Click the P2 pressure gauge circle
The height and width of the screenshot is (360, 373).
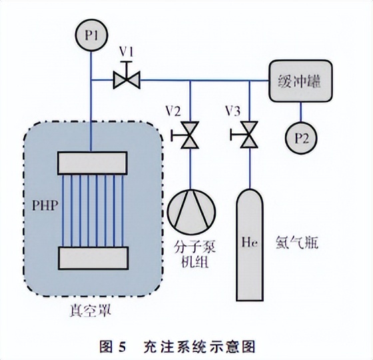(x=300, y=139)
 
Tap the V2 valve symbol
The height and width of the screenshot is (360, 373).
(x=190, y=136)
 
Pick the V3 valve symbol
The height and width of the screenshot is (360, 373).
(x=249, y=136)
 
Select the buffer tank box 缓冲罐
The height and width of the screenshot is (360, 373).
(x=299, y=83)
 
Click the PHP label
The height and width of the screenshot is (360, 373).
(x=41, y=205)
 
